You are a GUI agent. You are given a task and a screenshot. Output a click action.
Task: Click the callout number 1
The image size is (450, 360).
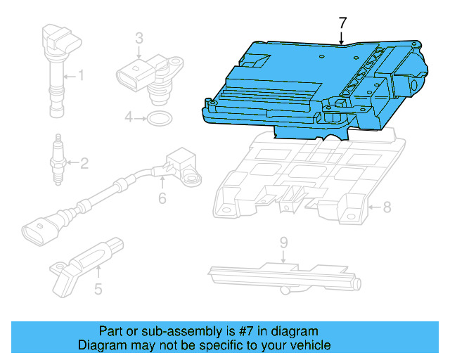[82, 75]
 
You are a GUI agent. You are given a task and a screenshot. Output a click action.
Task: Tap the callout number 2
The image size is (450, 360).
[84, 165]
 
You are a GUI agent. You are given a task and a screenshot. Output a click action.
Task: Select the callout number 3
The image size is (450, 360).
[139, 37]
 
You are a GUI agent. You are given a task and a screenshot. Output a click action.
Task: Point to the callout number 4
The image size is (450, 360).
[129, 117]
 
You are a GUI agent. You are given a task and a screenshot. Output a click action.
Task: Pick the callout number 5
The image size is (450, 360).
[98, 288]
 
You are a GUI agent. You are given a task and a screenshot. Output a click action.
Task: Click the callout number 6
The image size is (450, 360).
[162, 199]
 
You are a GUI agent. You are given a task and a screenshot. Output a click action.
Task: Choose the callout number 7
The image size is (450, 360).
[342, 22]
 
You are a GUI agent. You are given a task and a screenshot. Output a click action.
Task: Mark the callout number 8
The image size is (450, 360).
[385, 207]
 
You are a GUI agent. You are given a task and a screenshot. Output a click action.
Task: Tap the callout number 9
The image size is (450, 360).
[283, 243]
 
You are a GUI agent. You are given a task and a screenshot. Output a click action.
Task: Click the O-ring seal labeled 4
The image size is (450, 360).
[160, 117]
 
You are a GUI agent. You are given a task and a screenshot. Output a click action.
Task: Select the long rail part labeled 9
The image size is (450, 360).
[281, 274]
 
